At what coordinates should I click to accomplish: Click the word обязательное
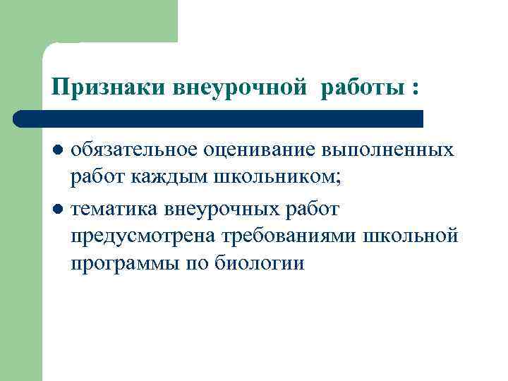(135, 150)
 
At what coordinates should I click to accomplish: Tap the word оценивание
(259, 150)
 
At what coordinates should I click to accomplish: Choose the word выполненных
(387, 150)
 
